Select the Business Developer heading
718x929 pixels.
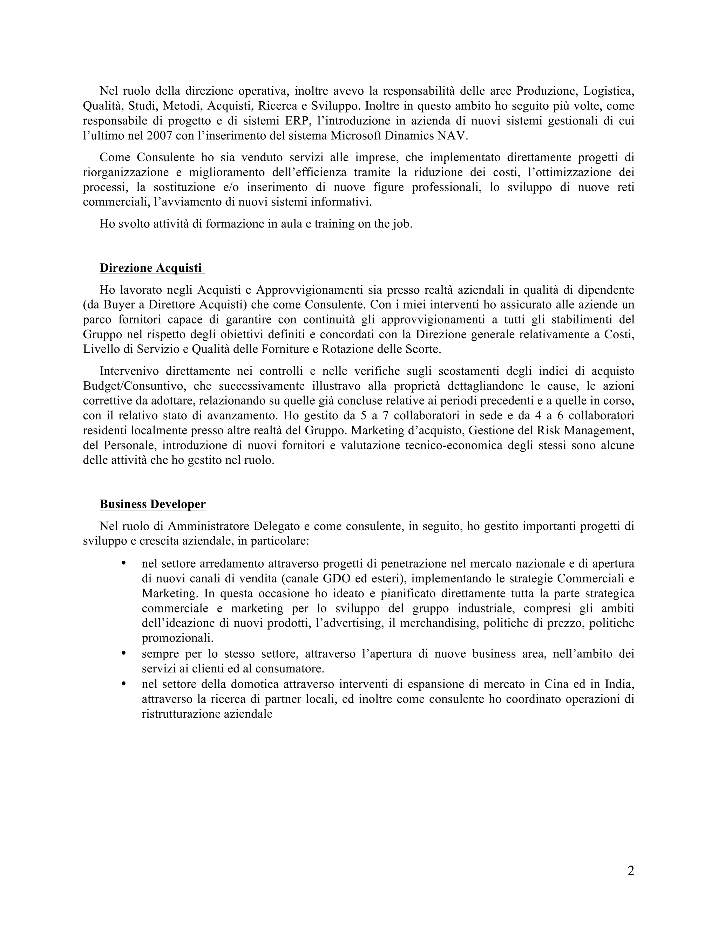153,504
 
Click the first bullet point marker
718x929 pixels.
124,564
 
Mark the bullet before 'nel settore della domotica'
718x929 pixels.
124,684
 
